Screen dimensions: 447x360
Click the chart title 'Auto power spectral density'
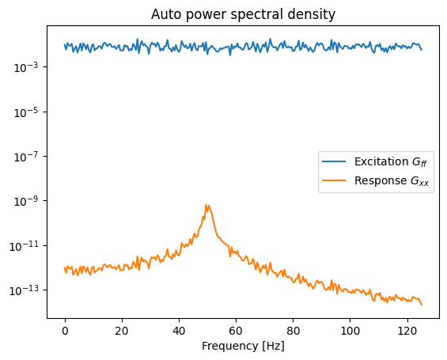243,14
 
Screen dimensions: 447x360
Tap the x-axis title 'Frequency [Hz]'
243,346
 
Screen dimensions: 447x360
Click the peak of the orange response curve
206,205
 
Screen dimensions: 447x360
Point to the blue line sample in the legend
334,161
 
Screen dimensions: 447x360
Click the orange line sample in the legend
334,180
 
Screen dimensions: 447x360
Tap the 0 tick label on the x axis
66,331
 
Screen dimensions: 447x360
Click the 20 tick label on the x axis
122,331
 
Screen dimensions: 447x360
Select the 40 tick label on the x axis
179,331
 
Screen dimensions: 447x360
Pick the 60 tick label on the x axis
236,331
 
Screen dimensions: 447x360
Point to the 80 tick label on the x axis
293,331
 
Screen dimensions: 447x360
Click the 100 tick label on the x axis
350,331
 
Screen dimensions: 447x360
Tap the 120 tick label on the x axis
407,331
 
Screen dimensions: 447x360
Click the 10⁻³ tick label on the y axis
26,67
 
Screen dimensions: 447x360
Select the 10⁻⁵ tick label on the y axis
26,112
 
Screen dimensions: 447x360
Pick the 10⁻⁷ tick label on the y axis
26,157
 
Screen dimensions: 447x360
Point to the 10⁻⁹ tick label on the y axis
26,201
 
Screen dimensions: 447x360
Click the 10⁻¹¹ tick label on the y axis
24,246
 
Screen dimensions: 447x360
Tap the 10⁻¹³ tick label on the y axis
24,290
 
